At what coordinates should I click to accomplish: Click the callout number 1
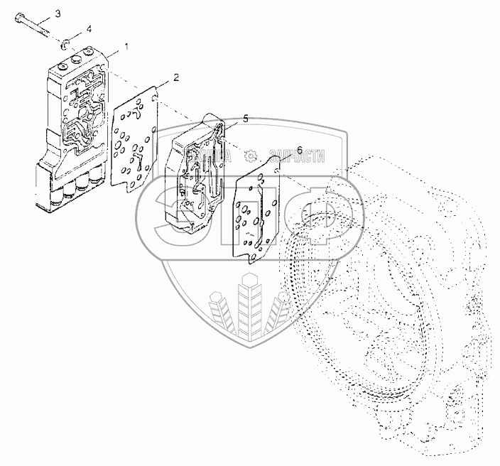pyautogui.click(x=127, y=46)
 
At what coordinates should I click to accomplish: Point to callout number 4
pyautogui.click(x=89, y=28)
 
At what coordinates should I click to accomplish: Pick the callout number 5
pyautogui.click(x=244, y=119)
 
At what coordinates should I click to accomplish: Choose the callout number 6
pyautogui.click(x=300, y=151)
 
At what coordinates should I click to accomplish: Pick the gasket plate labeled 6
pyautogui.click(x=260, y=213)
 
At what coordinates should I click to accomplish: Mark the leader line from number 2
pyautogui.click(x=165, y=85)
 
